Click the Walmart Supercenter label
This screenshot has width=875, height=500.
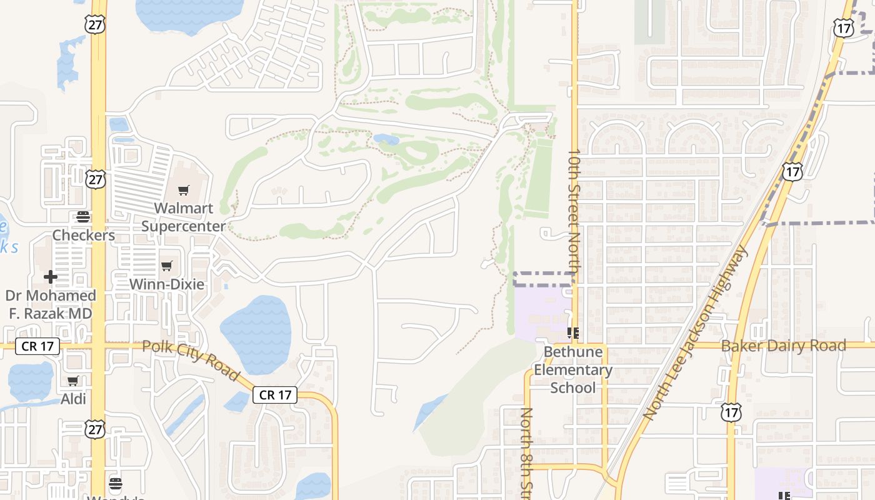183,217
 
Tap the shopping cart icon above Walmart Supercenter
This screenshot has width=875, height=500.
183,190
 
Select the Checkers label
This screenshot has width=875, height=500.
84,235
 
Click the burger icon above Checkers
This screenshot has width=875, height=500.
83,217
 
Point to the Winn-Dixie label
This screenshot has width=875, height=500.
166,284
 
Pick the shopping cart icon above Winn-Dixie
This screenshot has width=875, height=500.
166,266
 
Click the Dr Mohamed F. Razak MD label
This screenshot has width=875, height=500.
51,304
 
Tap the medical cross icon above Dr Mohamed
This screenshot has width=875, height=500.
51,276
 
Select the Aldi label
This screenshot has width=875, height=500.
73,399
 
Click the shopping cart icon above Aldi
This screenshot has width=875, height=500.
73,381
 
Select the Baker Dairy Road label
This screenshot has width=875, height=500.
784,346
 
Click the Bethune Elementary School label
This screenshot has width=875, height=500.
573,369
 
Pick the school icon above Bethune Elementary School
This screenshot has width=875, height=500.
572,333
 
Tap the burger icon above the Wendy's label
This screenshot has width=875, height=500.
115,483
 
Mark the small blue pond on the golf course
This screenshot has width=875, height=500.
386,139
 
